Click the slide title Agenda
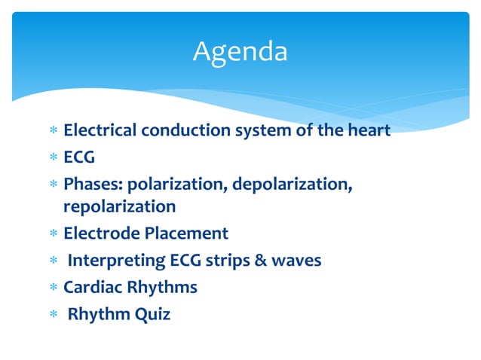coord(240,52)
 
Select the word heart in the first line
coord(369,130)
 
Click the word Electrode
coord(98,233)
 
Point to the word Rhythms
coord(163,288)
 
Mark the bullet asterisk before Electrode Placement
coord(53,234)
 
